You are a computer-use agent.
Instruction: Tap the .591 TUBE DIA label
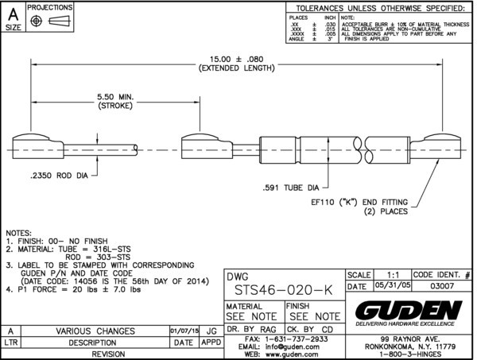pos(293,188)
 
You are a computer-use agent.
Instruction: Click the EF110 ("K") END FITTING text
pos(358,203)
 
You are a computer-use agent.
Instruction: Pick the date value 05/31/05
pos(387,286)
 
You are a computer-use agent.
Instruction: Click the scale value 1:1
pos(388,273)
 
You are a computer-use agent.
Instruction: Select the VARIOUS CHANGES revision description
pos(94,330)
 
